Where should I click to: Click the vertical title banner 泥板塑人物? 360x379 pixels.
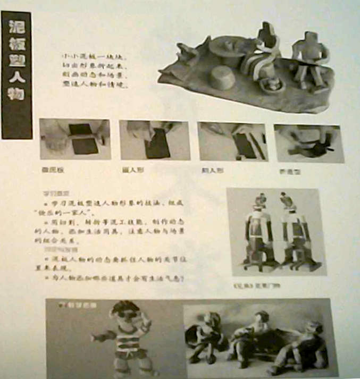[16, 74]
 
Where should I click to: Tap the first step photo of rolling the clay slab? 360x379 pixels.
[75, 139]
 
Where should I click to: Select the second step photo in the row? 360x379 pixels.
[154, 140]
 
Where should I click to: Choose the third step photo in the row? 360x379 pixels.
[232, 141]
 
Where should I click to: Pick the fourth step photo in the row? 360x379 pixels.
[308, 143]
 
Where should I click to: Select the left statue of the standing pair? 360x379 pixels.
[259, 231]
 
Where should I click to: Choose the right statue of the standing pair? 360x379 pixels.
[291, 231]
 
